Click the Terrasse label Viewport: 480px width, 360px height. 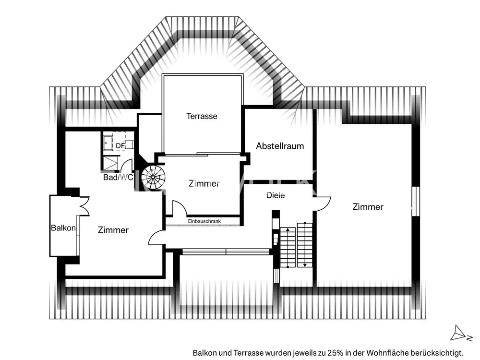coord(202,116)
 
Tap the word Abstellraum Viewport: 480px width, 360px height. coord(280,146)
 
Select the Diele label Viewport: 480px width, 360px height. coord(276,195)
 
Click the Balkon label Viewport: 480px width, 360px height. coord(63,228)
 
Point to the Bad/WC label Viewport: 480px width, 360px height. coord(118,177)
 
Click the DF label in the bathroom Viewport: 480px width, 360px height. coord(120,146)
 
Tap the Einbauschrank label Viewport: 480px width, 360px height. coord(204,221)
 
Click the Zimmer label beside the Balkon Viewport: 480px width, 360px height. coord(113,230)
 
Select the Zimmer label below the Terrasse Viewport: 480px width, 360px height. coord(204,183)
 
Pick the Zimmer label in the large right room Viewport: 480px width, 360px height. coord(368,207)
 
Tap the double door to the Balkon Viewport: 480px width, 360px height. coord(84,205)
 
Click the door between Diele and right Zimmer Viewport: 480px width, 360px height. coord(322,203)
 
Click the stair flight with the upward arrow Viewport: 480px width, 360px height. coord(288,247)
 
